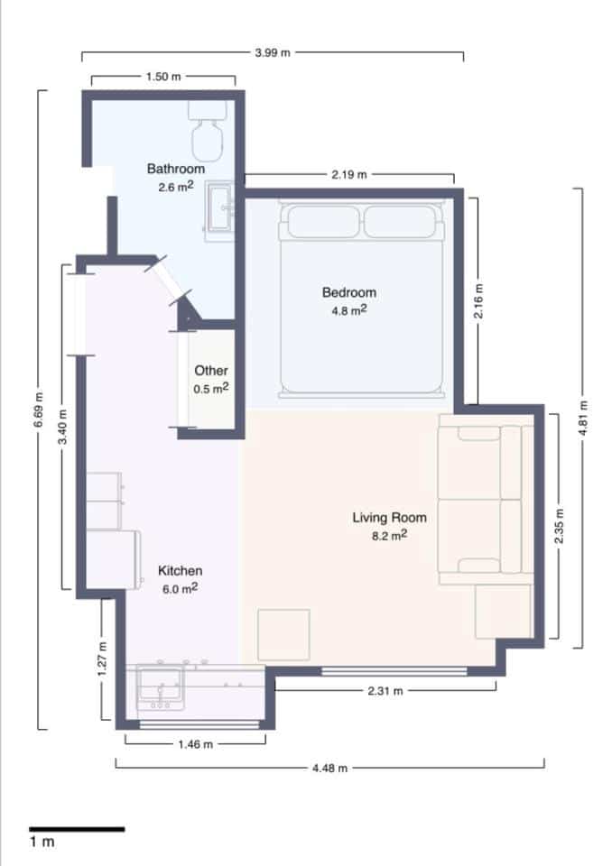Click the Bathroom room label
click(x=176, y=168)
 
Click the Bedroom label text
click(x=349, y=292)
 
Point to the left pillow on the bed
click(x=320, y=221)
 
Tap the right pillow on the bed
click(x=401, y=221)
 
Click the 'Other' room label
click(x=211, y=370)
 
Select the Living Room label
click(x=389, y=517)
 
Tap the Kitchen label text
click(x=181, y=570)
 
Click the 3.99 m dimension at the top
click(x=273, y=53)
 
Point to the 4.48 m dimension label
click(x=329, y=769)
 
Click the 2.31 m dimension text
click(x=385, y=691)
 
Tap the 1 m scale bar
click(x=77, y=828)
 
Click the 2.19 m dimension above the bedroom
click(x=348, y=174)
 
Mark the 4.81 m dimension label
click(x=584, y=418)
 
